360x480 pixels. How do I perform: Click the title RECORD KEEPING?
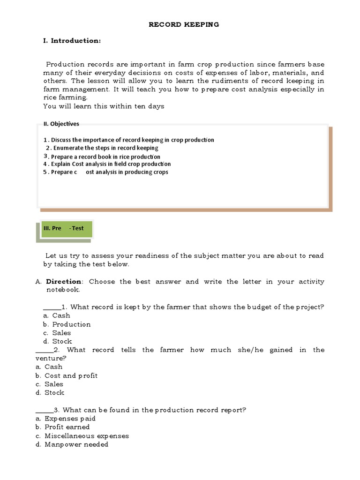(184, 24)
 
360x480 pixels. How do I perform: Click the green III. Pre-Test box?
(66, 229)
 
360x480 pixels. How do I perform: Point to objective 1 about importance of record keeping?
(129, 140)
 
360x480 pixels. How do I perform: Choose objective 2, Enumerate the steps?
(102, 148)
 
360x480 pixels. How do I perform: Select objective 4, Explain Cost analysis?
(107, 164)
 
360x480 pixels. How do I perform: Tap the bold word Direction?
(64, 282)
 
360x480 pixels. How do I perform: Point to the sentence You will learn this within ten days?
(104, 106)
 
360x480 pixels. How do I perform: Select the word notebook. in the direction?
(63, 290)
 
